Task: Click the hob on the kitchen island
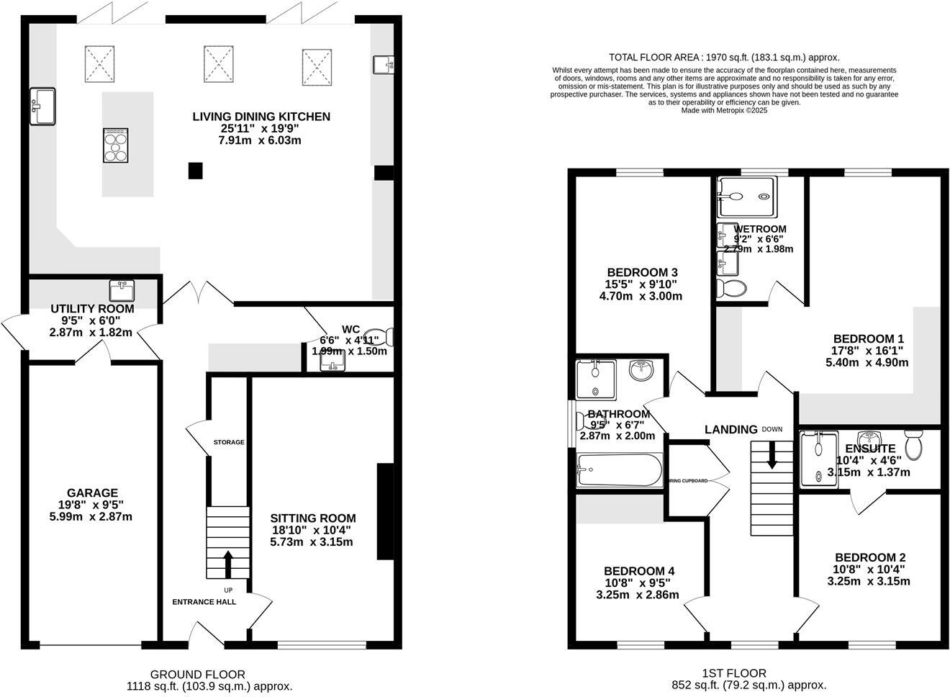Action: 117,146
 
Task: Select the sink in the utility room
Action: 122,291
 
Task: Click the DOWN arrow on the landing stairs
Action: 772,457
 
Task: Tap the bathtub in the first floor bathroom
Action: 619,471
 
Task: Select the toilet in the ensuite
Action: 914,446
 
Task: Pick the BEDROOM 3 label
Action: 642,272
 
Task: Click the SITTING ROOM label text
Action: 312,518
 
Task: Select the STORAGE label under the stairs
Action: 228,442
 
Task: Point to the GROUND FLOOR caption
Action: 197,675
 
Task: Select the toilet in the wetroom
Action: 733,289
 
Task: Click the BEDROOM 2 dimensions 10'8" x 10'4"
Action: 869,569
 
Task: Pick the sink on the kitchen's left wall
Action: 42,106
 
